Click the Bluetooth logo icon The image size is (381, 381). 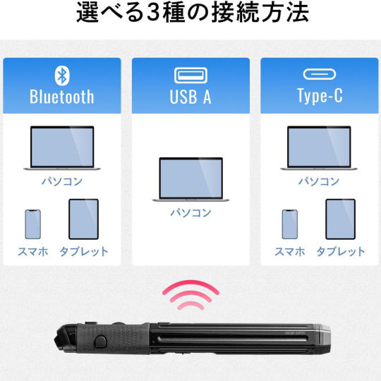coord(62,75)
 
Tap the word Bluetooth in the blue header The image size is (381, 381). coord(62,97)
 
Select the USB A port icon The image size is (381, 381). coord(190,75)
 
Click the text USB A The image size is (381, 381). coord(190,97)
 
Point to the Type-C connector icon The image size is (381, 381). coord(320,74)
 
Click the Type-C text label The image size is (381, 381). coord(320,96)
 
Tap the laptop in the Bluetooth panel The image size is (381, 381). coord(62,148)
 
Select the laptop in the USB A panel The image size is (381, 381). coord(190,180)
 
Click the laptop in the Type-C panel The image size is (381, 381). coord(319,148)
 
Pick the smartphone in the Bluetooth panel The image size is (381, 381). coord(32,224)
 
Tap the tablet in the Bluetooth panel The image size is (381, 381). coord(83,219)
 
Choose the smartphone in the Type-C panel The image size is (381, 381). coord(290,224)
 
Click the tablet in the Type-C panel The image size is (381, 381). coord(340,219)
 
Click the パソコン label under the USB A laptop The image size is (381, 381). coord(190,212)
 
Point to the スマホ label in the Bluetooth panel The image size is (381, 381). coord(33,251)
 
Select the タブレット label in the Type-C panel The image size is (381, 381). coord(341,251)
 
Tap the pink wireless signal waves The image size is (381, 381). coord(190,294)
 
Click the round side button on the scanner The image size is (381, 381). coord(100,341)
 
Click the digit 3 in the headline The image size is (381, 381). coord(153,13)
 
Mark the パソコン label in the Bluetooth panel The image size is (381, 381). coord(62,181)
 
